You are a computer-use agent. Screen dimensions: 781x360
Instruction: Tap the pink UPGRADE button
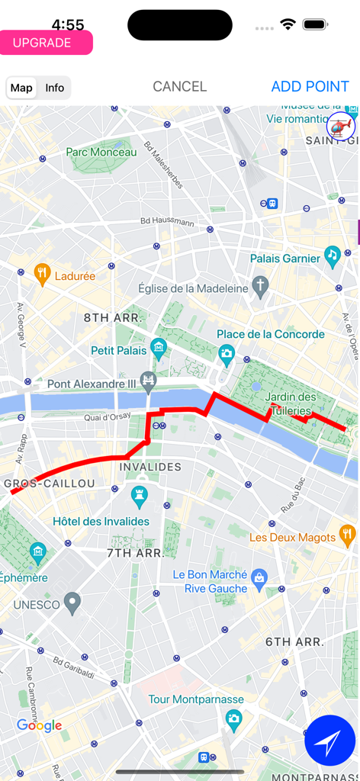click(46, 43)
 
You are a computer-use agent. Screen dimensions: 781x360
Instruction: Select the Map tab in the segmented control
click(21, 88)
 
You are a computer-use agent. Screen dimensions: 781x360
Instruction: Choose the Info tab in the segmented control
click(55, 88)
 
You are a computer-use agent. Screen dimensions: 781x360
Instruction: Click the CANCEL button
click(179, 87)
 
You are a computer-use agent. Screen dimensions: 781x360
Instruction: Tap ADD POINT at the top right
click(310, 87)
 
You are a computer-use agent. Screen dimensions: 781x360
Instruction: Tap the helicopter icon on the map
click(341, 125)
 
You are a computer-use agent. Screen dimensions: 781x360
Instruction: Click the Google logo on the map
click(39, 725)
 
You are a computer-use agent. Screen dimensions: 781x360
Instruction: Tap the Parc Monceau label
click(101, 153)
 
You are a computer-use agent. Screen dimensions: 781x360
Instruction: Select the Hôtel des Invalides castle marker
click(139, 498)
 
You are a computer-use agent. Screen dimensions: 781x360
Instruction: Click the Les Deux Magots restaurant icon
click(347, 533)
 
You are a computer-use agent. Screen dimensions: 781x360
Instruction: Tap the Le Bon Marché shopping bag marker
click(259, 577)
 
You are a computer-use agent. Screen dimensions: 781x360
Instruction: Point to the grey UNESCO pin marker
click(72, 604)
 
